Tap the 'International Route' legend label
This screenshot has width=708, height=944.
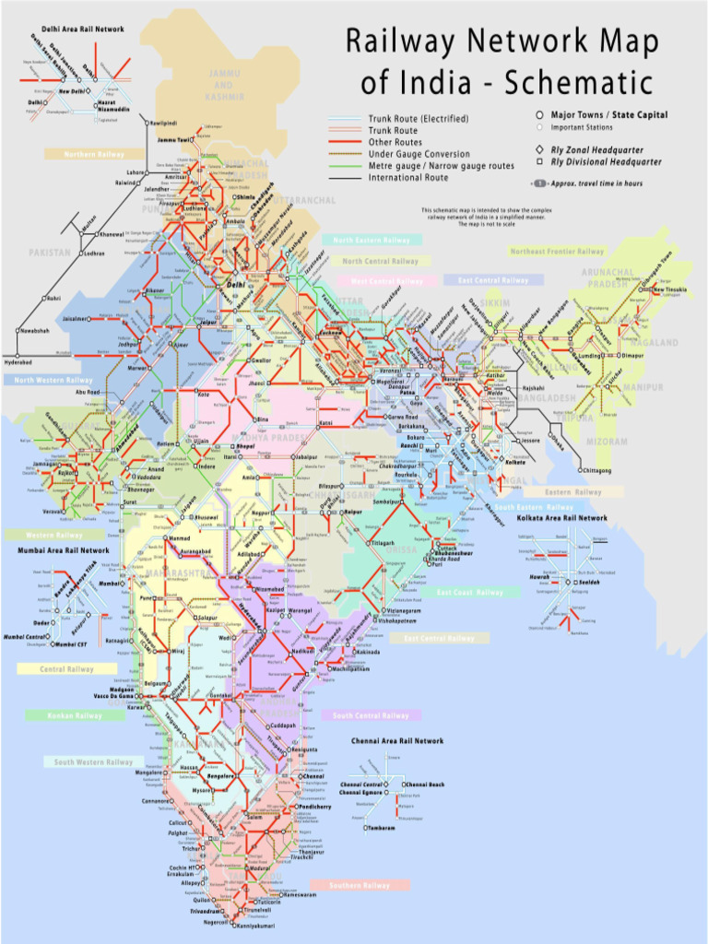coord(408,177)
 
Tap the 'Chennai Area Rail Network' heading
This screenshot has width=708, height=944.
coord(397,740)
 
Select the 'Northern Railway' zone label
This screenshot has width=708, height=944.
coord(94,155)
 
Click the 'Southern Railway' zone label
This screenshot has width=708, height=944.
coord(359,885)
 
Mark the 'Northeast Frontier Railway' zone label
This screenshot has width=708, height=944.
coord(558,251)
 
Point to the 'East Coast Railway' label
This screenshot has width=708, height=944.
coord(470,593)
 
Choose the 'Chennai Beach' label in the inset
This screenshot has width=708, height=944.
coord(425,785)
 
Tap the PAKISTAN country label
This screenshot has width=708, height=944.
coord(50,252)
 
